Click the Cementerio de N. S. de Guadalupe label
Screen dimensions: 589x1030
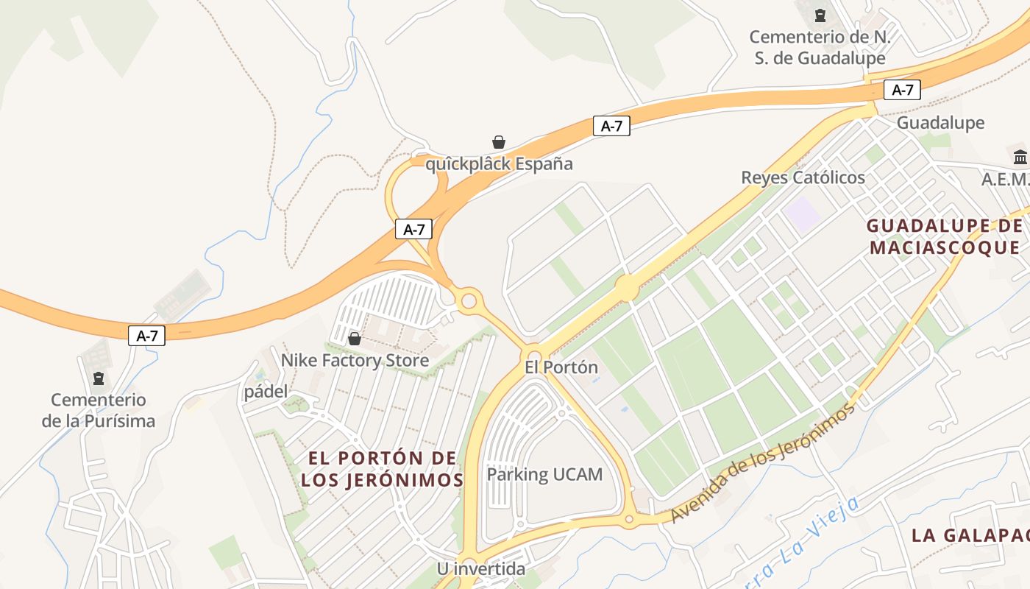coord(820,47)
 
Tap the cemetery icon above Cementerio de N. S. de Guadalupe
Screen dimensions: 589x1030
coord(820,15)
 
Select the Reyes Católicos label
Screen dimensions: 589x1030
coord(803,177)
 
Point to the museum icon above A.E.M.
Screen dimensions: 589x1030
coord(1020,156)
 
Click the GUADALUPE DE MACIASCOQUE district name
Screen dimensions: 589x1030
coord(945,236)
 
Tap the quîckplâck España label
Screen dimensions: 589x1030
coord(499,163)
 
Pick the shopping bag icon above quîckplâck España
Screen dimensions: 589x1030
coord(499,141)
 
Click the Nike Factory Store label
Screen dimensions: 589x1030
coord(355,360)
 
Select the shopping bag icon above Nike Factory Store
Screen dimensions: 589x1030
coord(355,338)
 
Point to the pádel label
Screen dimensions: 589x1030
coord(266,392)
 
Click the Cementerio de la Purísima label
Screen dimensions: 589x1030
coord(99,410)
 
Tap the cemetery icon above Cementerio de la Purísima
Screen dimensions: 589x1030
coord(99,378)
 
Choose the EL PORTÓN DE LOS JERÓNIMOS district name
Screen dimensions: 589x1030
coord(382,469)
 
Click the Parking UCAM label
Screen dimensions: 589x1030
coord(544,474)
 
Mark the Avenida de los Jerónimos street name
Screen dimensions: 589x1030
coord(763,465)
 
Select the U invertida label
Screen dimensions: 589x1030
coord(481,568)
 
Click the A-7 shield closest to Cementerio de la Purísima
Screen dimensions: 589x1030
coord(147,336)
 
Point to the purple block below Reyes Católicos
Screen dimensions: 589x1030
coord(801,212)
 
